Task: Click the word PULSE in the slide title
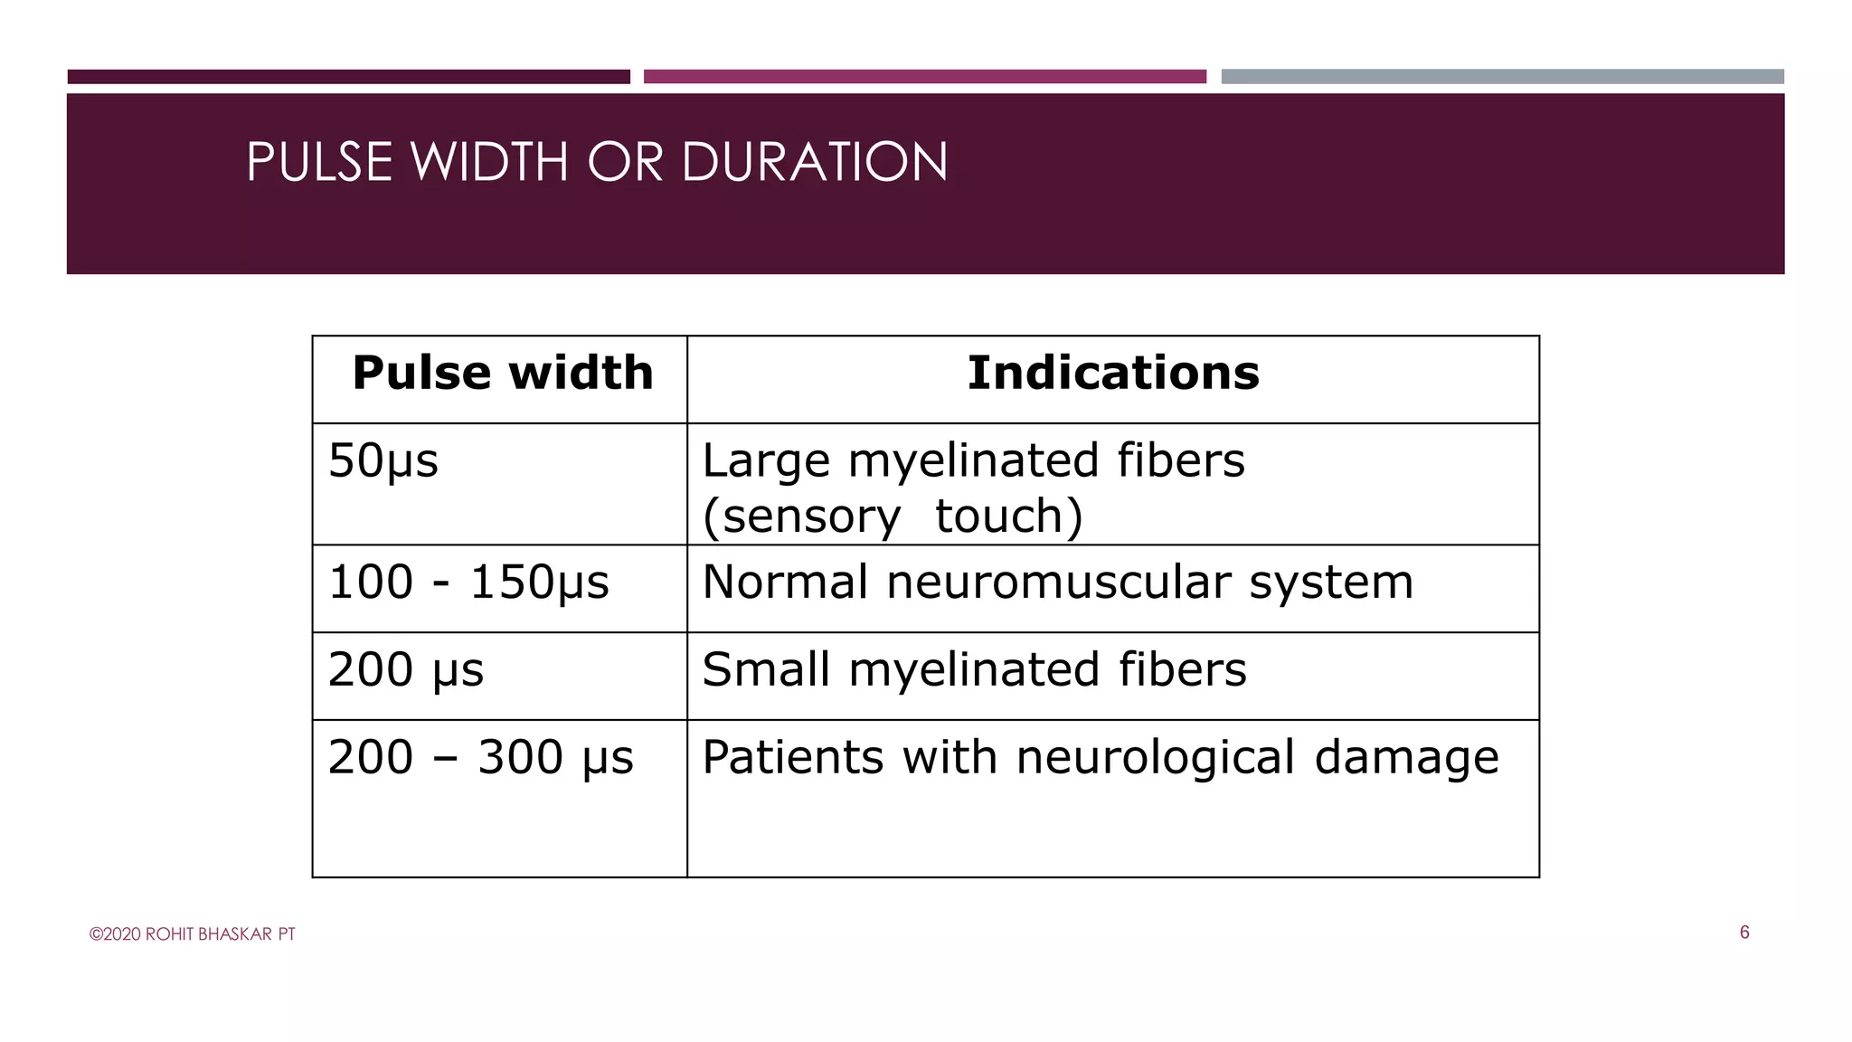pos(319,162)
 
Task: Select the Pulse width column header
pos(503,373)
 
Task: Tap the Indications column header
pos(1112,373)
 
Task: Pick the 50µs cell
pos(383,461)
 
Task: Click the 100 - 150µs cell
pos(468,583)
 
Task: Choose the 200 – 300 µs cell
pos(480,758)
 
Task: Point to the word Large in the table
pos(765,461)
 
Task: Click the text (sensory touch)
pos(892,516)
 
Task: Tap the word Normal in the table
pos(784,582)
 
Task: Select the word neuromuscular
pos(1058,582)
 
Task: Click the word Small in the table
pos(765,669)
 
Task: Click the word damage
pos(1406,758)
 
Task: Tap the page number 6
pos(1744,933)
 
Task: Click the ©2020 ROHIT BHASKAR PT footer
pos(192,934)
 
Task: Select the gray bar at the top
pos(1502,77)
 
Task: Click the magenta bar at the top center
pos(924,77)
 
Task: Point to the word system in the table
pos(1331,583)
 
